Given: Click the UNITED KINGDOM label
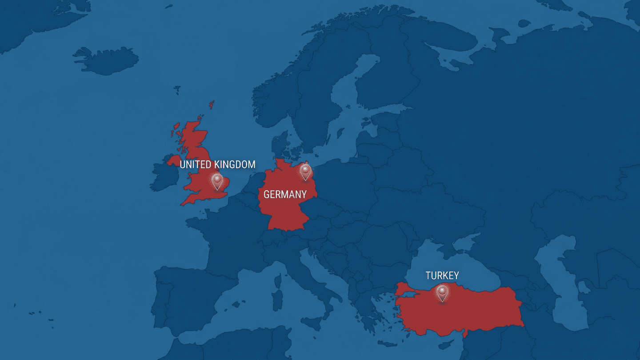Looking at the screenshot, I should click(217, 164).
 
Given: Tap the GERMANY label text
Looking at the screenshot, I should click(285, 194).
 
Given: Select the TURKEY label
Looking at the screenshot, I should click(442, 276).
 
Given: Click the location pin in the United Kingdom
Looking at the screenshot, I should click(217, 180).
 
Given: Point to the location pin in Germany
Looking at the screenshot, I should click(305, 171).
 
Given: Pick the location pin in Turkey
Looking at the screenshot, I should click(442, 292).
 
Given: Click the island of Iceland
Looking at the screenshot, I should click(107, 60).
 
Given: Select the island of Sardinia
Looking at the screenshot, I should click(277, 300).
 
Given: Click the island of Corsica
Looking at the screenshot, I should click(278, 281).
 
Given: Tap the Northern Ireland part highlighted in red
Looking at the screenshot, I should click(174, 159).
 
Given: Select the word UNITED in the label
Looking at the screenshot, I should click(196, 164).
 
